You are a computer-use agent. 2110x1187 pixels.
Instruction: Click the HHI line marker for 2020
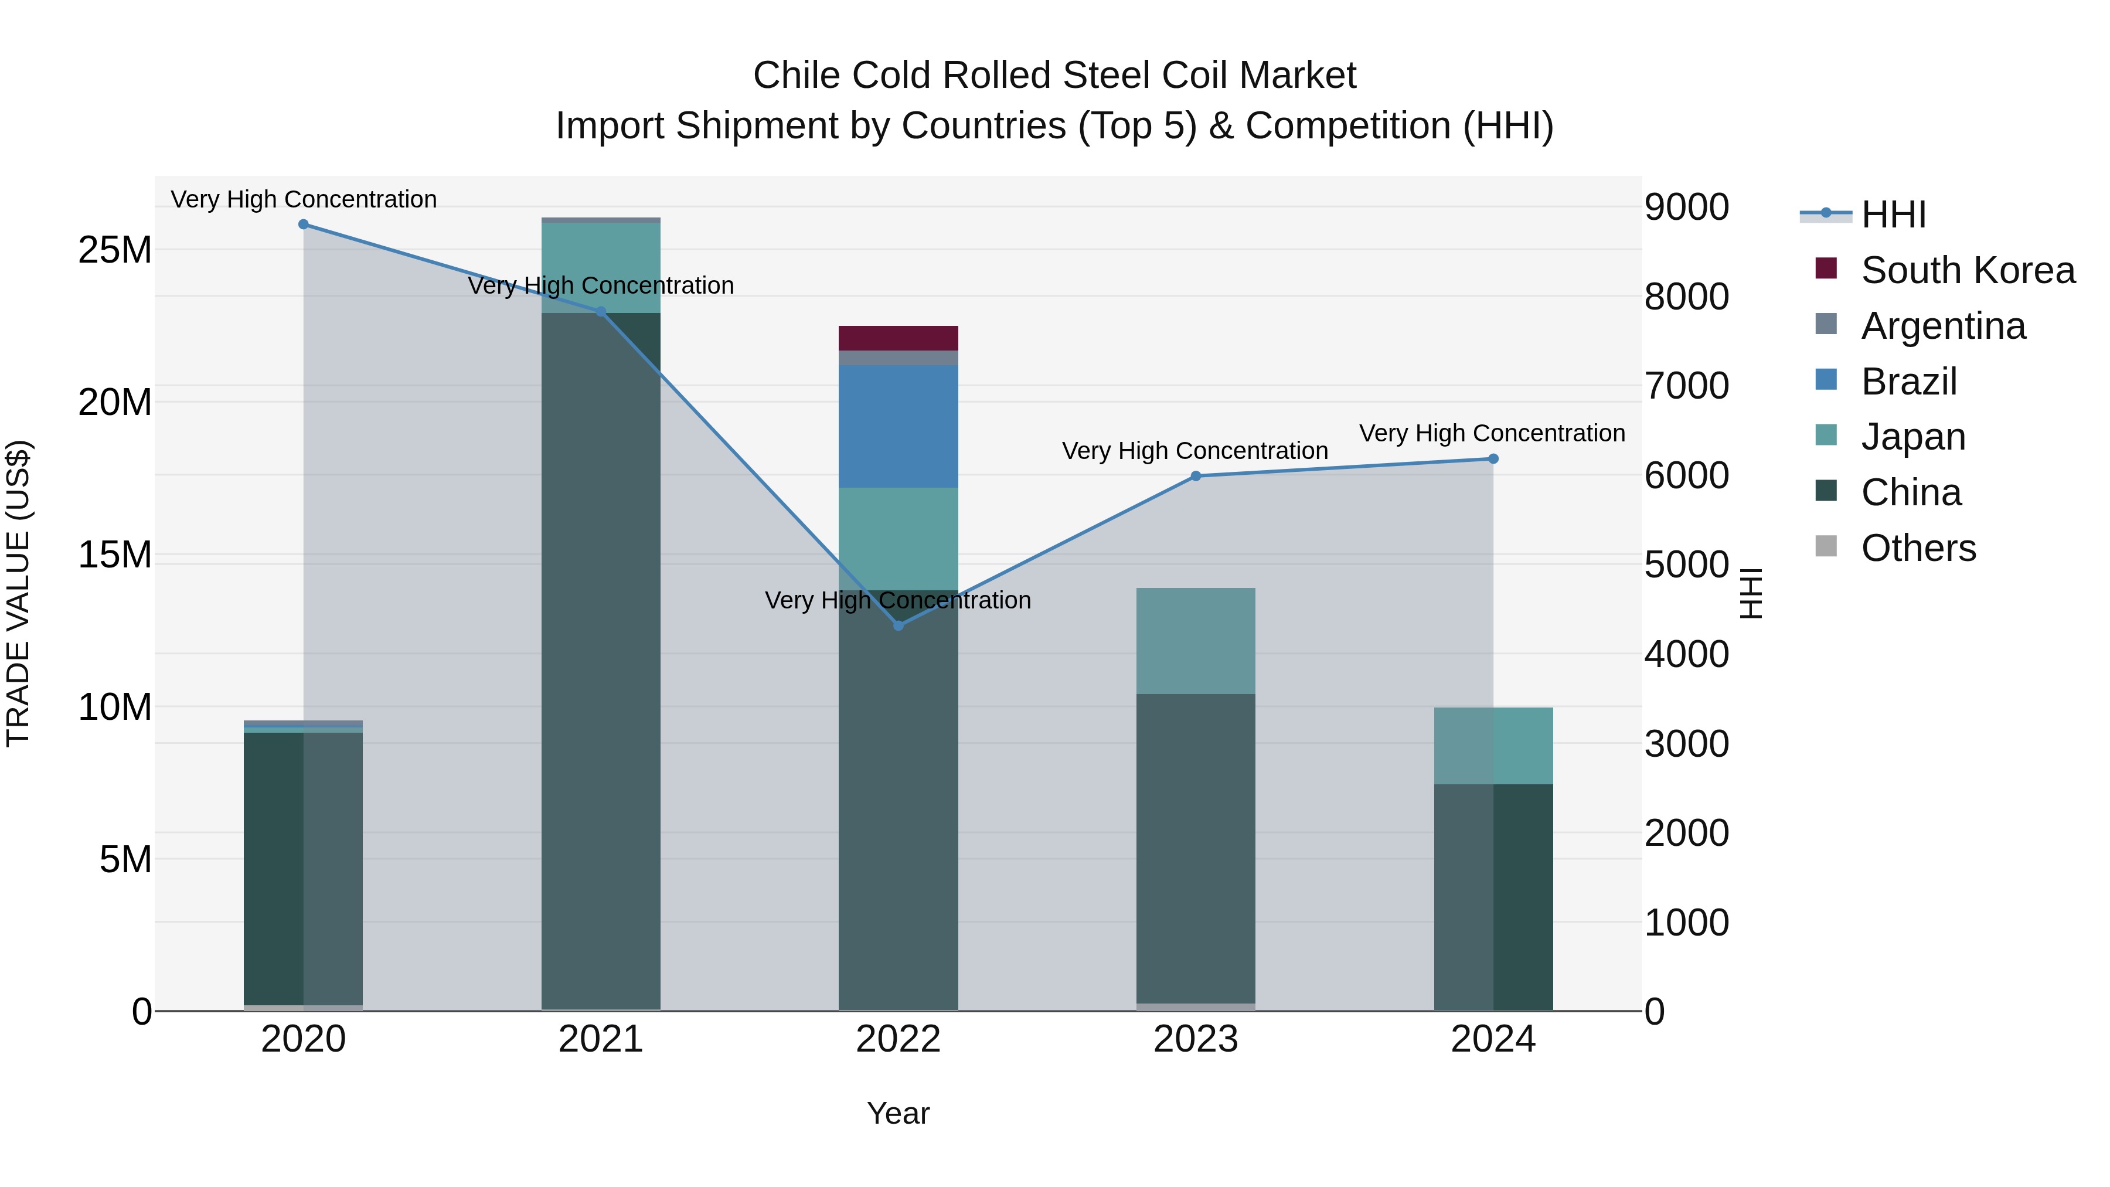pyautogui.click(x=303, y=225)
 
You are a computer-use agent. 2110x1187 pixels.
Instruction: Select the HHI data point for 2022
pyautogui.click(x=898, y=626)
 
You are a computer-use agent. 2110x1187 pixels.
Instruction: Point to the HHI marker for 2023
pyautogui.click(x=1195, y=476)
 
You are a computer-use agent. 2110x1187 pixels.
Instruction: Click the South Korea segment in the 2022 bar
pyautogui.click(x=898, y=338)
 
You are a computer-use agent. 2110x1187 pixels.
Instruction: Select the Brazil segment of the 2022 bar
pyautogui.click(x=898, y=426)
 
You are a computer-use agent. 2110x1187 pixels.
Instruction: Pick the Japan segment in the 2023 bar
pyautogui.click(x=1195, y=641)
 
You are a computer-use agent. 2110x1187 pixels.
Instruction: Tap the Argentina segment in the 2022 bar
pyautogui.click(x=898, y=358)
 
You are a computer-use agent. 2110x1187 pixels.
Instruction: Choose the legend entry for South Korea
pyautogui.click(x=1968, y=270)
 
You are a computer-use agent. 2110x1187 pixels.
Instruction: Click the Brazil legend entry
pyautogui.click(x=1908, y=382)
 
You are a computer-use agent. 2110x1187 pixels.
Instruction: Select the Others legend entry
pyautogui.click(x=1918, y=548)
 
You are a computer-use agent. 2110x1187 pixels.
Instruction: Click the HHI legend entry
pyautogui.click(x=1893, y=215)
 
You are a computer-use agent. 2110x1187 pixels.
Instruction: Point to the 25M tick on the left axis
pyautogui.click(x=115, y=250)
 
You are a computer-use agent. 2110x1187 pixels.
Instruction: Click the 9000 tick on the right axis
pyautogui.click(x=1686, y=208)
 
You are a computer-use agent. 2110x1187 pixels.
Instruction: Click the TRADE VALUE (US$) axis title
pyautogui.click(x=18, y=593)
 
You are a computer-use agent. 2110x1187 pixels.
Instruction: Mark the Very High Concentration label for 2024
pyautogui.click(x=1492, y=433)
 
